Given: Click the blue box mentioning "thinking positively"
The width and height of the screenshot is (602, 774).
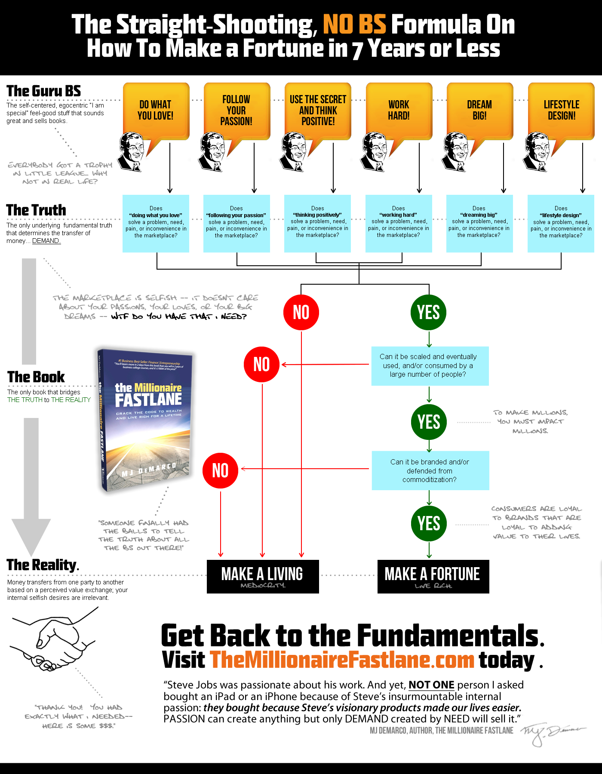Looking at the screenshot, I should coord(317,223).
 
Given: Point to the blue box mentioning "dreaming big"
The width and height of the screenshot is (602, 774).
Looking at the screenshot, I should coord(479,223).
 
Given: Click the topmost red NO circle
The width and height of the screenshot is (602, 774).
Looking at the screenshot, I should coord(301,312).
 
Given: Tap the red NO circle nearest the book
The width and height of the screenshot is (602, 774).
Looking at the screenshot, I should coord(220,470).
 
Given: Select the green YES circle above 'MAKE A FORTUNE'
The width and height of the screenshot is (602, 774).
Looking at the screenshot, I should coord(429,524).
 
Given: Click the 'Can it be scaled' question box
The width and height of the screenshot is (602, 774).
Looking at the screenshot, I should coord(430,365).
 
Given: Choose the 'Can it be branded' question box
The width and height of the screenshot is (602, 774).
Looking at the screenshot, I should coord(430,470).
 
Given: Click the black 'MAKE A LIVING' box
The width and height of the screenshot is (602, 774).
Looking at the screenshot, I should coord(262,576).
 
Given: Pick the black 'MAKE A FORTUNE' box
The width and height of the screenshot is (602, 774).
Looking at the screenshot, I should coord(433,576).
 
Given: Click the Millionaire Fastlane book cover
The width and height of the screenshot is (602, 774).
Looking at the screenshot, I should coord(145,419).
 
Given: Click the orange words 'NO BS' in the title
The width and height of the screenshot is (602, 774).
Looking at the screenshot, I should coord(354,25).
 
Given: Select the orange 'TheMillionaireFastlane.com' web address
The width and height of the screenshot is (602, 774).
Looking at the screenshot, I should coord(342,660).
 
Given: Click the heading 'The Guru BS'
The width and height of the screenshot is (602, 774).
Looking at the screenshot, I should coord(43,91).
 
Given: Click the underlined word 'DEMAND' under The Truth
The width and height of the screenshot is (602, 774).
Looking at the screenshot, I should coord(46,241).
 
